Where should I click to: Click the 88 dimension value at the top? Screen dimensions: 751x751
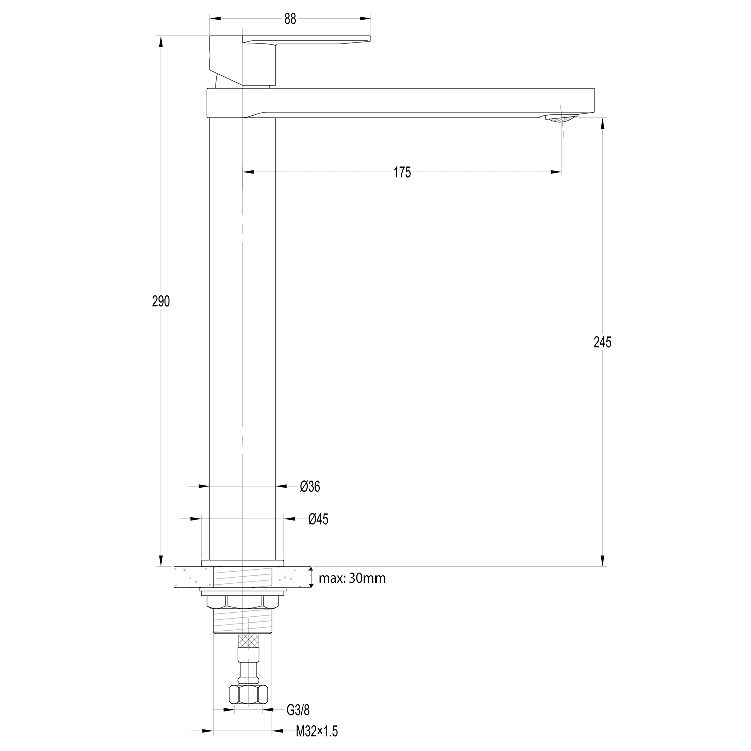tap(290, 19)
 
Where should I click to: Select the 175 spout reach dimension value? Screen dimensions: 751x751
tap(402, 173)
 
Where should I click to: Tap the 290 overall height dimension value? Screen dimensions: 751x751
tap(161, 301)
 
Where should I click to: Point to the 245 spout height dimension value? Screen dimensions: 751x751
tap(602, 342)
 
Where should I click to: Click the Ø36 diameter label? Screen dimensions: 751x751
tap(310, 486)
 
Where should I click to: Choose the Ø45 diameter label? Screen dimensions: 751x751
tap(318, 519)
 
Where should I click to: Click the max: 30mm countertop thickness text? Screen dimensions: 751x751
tap(352, 578)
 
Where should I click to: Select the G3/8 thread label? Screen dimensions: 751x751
tap(298, 709)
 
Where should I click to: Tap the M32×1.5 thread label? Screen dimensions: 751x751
tap(317, 732)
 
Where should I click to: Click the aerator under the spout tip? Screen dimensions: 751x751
tap(561, 118)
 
